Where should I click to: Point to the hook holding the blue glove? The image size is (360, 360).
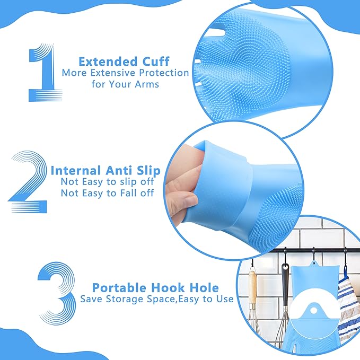(x=313, y=254)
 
